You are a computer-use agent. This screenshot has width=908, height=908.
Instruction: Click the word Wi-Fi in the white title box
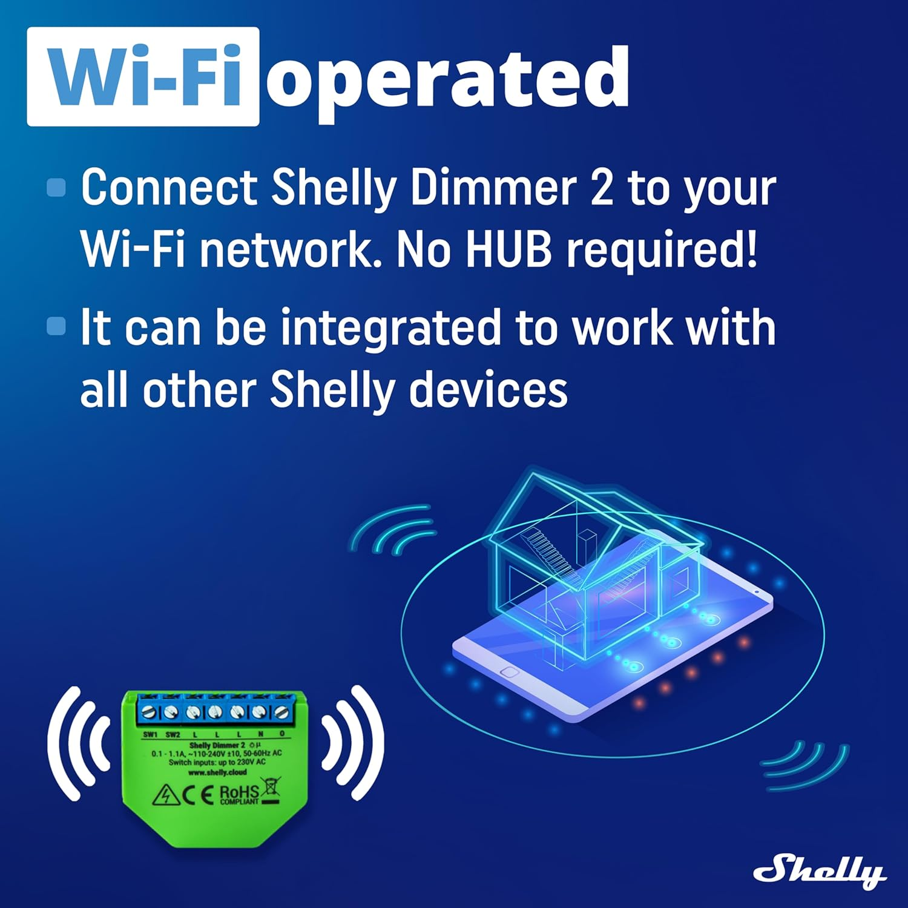(144, 77)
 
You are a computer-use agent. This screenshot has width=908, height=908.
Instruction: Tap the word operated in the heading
(448, 79)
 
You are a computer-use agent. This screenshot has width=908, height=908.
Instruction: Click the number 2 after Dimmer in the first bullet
(601, 188)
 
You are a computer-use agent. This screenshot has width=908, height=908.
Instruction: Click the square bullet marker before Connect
(56, 187)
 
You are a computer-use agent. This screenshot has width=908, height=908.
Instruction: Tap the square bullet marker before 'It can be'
(56, 326)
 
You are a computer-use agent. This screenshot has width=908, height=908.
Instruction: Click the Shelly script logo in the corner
(818, 872)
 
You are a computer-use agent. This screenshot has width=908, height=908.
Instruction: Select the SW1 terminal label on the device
(150, 734)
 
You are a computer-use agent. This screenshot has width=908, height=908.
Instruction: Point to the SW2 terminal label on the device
(173, 734)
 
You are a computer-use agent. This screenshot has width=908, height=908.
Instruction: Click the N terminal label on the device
(261, 734)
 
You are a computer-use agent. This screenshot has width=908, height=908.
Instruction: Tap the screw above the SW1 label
(149, 712)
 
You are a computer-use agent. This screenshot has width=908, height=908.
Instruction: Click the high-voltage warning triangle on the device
(165, 795)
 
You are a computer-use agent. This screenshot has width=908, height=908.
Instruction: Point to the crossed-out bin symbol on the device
(271, 789)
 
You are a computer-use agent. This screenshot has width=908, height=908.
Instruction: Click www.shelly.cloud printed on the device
(217, 772)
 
